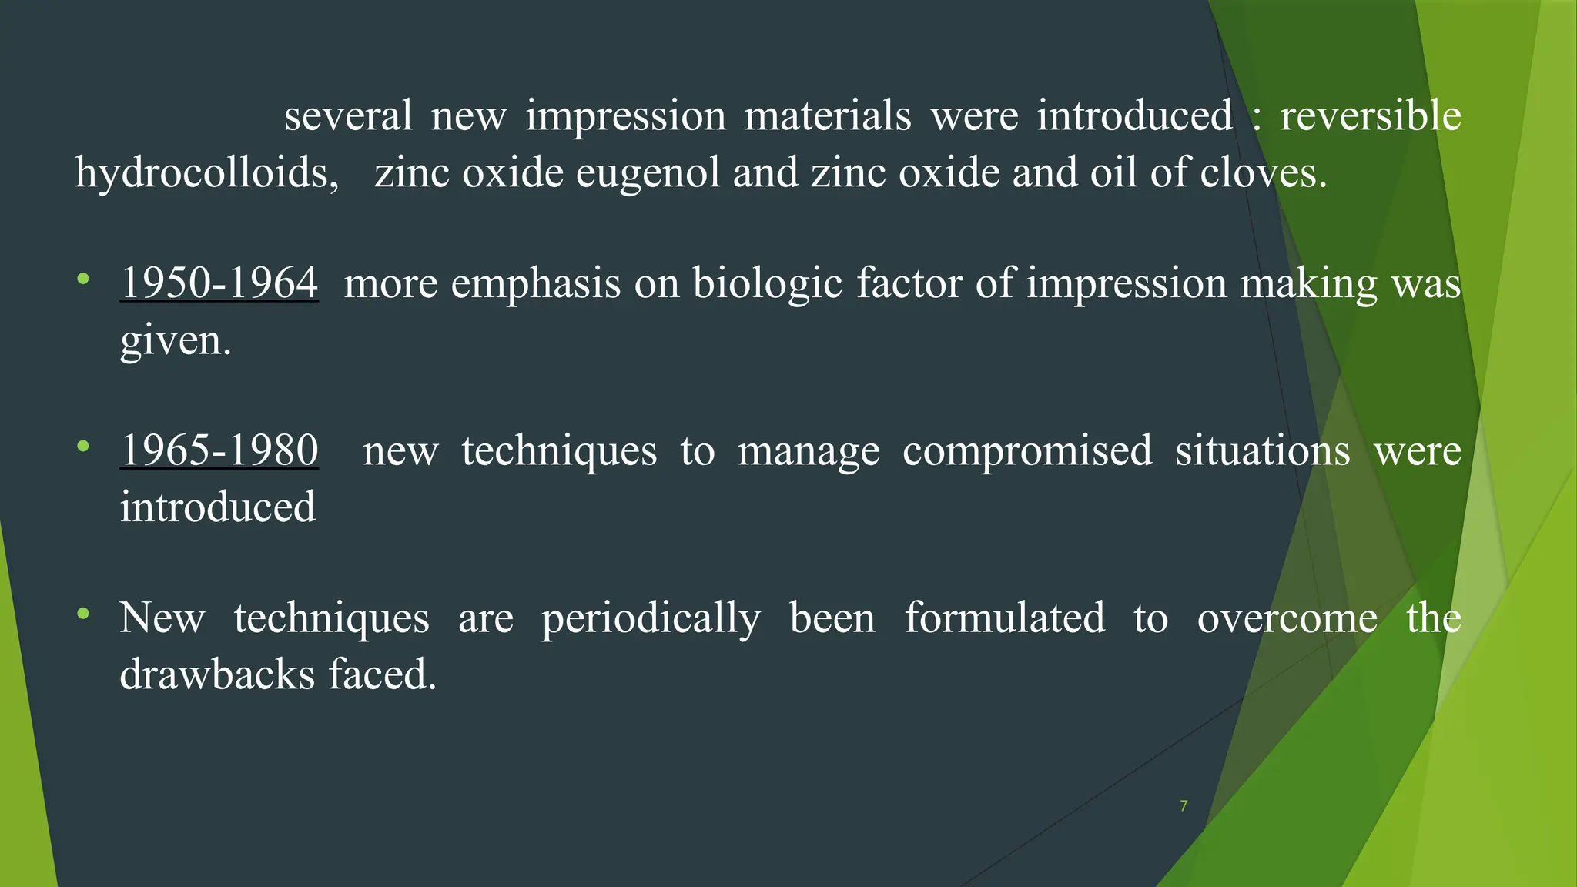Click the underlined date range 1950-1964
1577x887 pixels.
pos(219,283)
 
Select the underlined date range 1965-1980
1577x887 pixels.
pos(219,450)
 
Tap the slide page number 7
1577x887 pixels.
pos(1184,806)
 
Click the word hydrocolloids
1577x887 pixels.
pos(206,172)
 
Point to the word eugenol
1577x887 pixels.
pos(648,172)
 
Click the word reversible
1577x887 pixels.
pos(1370,116)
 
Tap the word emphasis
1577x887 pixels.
pos(535,284)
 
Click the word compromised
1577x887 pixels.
pos(1027,451)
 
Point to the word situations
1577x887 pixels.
pos(1262,450)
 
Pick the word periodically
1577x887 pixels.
pos(651,619)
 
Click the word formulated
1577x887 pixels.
pos(1004,618)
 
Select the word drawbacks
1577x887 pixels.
pos(217,674)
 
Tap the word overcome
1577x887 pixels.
pos(1287,618)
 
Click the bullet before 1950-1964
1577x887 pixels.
pos(83,278)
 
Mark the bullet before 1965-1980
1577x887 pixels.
pos(83,446)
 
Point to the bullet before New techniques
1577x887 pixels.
pos(83,614)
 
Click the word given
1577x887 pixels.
pos(175,341)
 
